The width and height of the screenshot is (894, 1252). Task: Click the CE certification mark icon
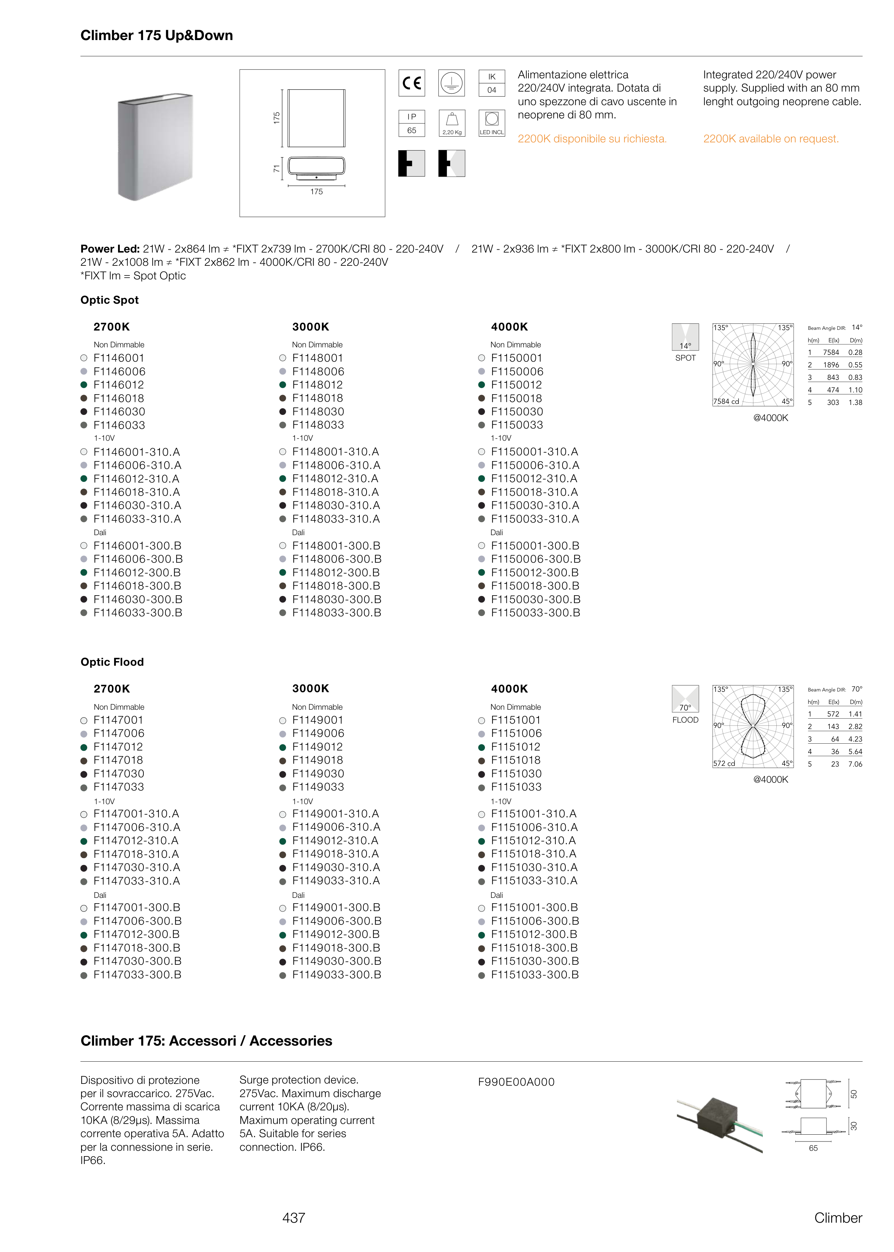pyautogui.click(x=411, y=83)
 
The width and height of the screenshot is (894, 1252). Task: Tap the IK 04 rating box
pyautogui.click(x=492, y=83)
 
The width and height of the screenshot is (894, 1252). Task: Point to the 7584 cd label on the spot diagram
pyautogui.click(x=726, y=401)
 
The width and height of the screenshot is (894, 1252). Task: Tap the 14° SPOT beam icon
pyautogui.click(x=686, y=337)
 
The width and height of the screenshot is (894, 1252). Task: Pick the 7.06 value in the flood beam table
pyautogui.click(x=855, y=764)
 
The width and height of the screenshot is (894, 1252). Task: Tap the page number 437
pyautogui.click(x=294, y=1218)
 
